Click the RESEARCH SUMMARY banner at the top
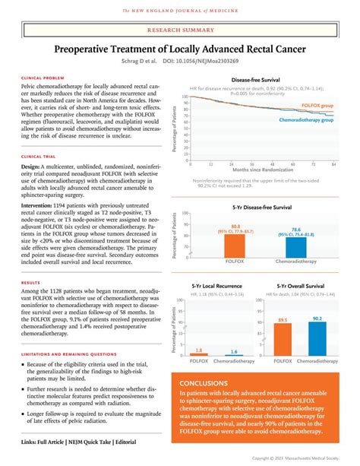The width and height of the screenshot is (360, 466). (179, 33)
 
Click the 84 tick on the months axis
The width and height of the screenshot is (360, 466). (333, 162)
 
